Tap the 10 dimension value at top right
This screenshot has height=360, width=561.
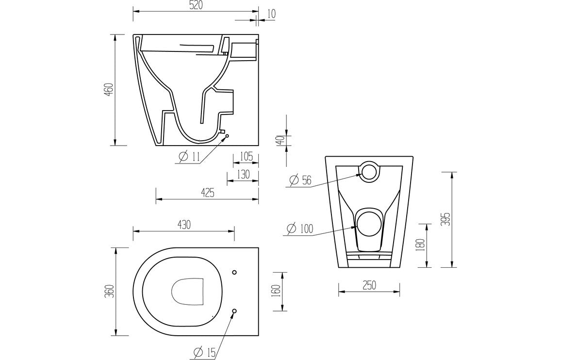tap(270, 13)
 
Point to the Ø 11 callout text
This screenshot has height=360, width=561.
tap(189, 156)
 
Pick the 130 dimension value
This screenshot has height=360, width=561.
tap(243, 175)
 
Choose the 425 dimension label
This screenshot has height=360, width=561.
tap(207, 193)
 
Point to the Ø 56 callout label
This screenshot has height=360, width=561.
tap(300, 180)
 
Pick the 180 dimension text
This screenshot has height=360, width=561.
tap(421, 245)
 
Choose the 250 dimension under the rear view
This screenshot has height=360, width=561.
tap(369, 286)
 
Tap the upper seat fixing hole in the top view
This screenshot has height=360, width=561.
tap(234, 272)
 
